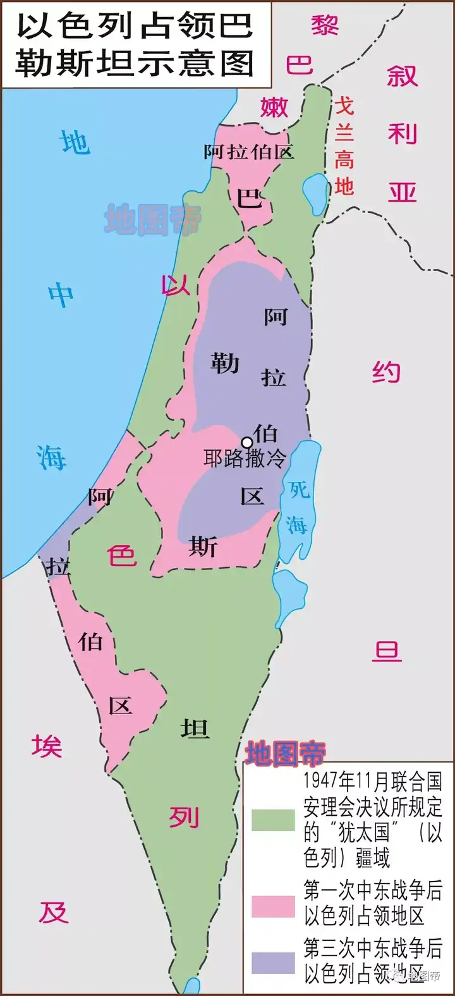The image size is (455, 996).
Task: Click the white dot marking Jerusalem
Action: pos(247,442)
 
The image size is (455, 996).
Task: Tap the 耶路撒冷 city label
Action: pos(245,458)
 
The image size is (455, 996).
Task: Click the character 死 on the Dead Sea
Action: pos(300,489)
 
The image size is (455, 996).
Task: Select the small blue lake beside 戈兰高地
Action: pos(313,187)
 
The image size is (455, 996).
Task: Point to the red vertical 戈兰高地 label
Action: pos(344,146)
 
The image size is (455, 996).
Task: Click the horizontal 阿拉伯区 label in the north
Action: pos(249,152)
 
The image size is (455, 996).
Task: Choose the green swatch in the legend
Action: pos(273,820)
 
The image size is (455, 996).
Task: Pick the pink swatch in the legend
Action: pos(273,906)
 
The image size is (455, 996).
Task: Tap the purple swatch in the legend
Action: pos(273,963)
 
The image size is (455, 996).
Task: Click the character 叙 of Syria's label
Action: pos(403,76)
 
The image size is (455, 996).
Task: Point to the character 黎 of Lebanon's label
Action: pos(325,25)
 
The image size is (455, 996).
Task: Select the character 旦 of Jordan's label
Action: pos(387,650)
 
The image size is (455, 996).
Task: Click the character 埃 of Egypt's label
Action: pos(47,746)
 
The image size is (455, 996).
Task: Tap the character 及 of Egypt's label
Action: pos(53,912)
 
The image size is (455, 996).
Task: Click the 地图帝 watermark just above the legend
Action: pos(285,753)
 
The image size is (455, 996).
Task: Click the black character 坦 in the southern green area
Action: pos(195,729)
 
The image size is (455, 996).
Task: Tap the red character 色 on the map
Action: pos(121,555)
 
